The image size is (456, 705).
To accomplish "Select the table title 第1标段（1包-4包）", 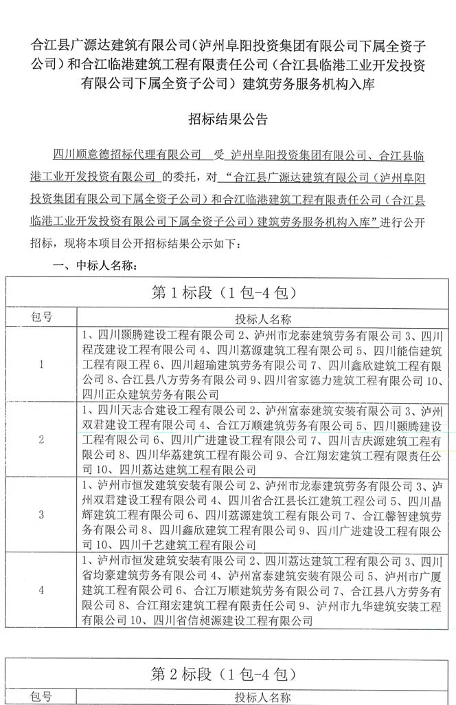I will point(227,292).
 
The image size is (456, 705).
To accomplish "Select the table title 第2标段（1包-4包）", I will point(227,672).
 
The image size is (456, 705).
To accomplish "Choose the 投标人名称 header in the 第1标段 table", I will point(263,318).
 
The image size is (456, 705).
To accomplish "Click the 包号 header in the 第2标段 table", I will point(41,697).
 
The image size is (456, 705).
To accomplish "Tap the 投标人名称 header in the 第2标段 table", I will point(263,697).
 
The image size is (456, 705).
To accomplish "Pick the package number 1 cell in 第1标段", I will point(41,365).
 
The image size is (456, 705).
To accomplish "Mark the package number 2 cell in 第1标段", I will point(41,440).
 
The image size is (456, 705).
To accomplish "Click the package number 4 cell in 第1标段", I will point(41,589).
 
